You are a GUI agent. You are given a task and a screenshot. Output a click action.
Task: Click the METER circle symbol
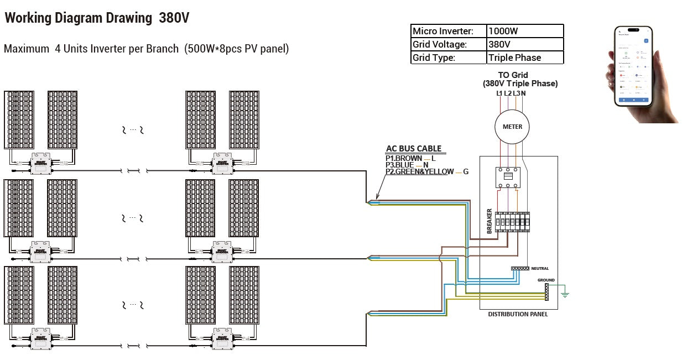pyautogui.click(x=512, y=127)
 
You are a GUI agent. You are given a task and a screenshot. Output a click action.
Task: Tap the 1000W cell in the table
pyautogui.click(x=525, y=32)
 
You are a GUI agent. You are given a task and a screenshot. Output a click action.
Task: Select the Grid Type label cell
pyautogui.click(x=449, y=58)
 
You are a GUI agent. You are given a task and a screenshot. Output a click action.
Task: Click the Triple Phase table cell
pyautogui.click(x=525, y=58)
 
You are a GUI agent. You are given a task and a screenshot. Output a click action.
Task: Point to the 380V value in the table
pyautogui.click(x=525, y=44)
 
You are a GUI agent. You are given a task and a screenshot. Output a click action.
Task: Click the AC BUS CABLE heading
pyautogui.click(x=414, y=148)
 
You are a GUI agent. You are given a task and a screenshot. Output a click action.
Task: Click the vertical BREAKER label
pyautogui.click(x=490, y=221)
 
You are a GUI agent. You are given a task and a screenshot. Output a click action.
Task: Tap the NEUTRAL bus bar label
pyautogui.click(x=540, y=268)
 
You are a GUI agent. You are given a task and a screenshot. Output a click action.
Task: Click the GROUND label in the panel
pyautogui.click(x=546, y=280)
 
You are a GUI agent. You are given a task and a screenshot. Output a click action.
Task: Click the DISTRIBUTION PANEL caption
pyautogui.click(x=518, y=314)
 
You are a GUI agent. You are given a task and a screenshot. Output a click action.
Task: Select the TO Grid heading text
pyautogui.click(x=513, y=75)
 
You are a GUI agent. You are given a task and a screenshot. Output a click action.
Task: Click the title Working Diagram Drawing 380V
pyautogui.click(x=97, y=18)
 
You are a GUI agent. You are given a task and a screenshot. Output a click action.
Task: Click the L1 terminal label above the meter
pyautogui.click(x=499, y=93)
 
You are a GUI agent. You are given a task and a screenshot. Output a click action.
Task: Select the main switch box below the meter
pyautogui.click(x=508, y=178)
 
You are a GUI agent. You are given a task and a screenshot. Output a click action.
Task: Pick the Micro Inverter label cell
pyautogui.click(x=449, y=32)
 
